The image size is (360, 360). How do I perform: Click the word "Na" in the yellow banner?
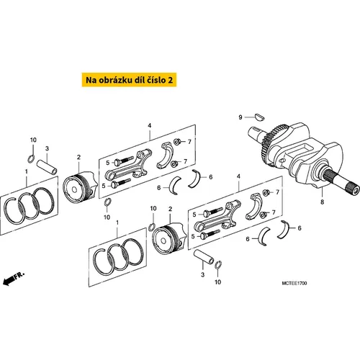tap(91, 80)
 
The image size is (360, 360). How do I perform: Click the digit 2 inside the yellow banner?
tap(170, 80)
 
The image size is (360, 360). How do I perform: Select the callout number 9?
tap(240, 117)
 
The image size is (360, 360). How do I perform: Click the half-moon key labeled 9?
tap(259, 117)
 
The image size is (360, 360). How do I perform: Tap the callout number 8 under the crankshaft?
tap(323, 202)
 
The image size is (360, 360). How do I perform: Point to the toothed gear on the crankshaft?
tap(269, 143)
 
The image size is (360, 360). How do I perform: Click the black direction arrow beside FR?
tap(9, 280)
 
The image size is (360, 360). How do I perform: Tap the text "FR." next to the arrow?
tap(19, 275)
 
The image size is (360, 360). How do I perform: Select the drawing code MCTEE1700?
tap(294, 283)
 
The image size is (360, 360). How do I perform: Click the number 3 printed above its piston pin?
tap(47, 148)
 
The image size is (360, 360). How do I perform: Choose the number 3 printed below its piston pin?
tap(203, 274)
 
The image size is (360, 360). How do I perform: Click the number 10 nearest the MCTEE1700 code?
tap(217, 282)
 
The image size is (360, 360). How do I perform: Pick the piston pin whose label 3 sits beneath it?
tap(204, 257)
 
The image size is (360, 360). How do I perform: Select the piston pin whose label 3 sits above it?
tap(47, 167)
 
